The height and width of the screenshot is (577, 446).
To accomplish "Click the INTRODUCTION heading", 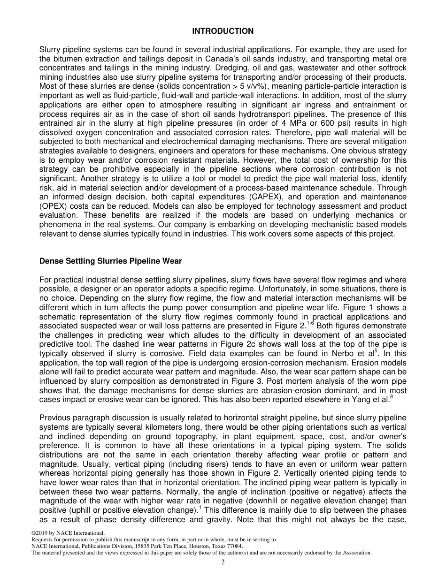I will (x=223, y=31).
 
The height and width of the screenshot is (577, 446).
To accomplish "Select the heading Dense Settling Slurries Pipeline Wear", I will (x=110, y=261).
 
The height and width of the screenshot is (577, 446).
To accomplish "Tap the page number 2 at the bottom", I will (x=223, y=562).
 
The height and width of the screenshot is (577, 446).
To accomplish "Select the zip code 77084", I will (x=233, y=546).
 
